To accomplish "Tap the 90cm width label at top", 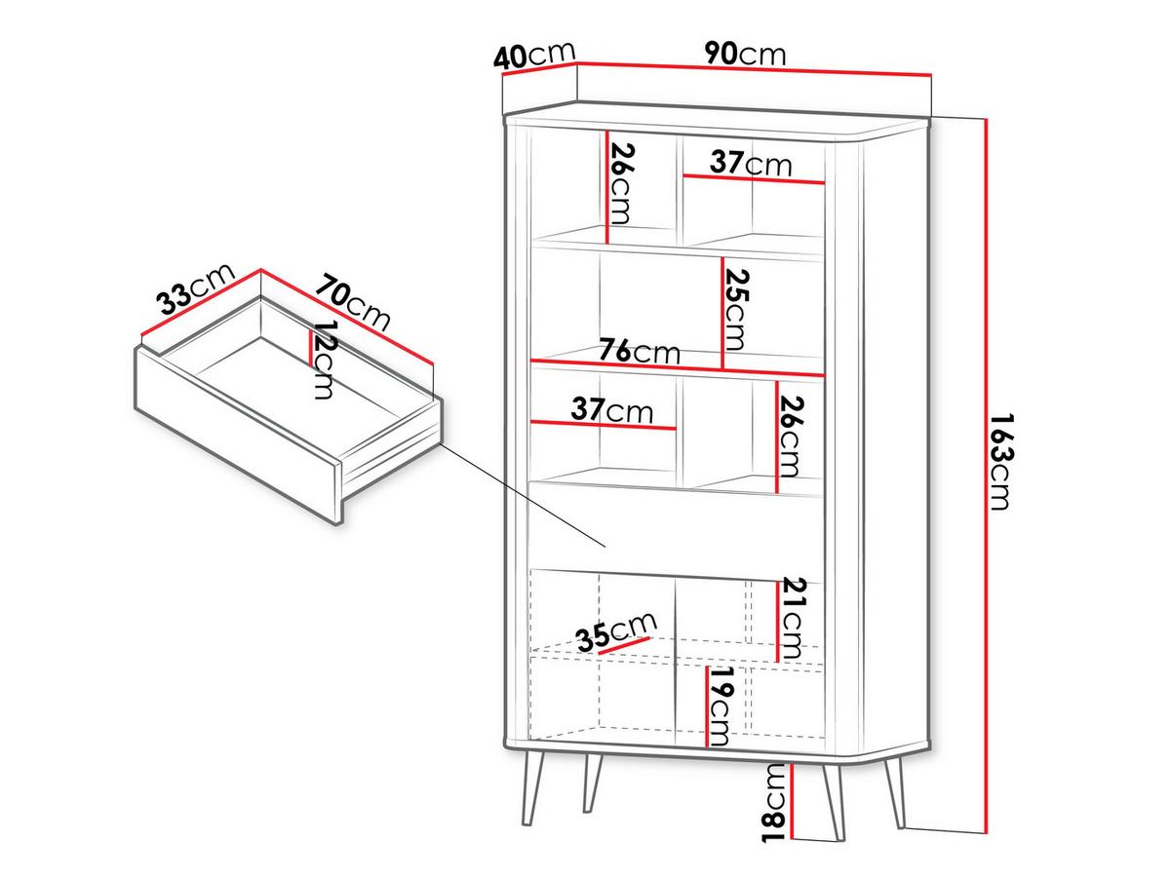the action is tap(745, 54).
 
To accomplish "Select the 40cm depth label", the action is tap(534, 56).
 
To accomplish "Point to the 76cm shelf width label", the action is tap(639, 351).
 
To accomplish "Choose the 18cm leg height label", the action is tap(773, 803).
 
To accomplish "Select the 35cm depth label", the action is tap(616, 631).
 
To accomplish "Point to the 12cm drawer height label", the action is tap(324, 359).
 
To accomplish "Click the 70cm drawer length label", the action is tap(353, 301).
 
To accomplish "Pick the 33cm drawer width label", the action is tap(195, 288).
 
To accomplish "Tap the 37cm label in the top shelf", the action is tap(751, 164).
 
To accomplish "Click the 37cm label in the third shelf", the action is tap(612, 409).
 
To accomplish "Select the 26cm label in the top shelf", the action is tap(621, 183).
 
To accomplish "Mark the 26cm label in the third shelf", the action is tap(791, 437).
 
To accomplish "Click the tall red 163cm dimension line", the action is tap(986, 476).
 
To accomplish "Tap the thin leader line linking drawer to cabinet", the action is tap(524, 495).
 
